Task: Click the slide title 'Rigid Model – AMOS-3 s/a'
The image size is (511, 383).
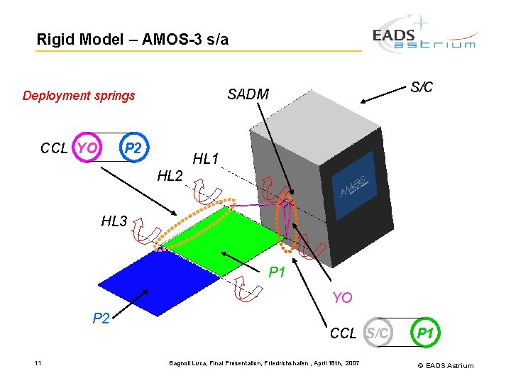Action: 133,40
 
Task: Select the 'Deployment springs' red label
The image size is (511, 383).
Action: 79,96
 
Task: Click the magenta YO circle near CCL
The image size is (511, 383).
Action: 87,148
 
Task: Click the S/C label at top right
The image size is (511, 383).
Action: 422,87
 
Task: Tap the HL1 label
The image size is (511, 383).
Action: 206,160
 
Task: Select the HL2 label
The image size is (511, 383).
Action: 170,175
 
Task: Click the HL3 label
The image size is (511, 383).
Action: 114,222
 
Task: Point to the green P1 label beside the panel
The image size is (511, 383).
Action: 277,272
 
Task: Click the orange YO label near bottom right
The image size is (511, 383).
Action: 342,297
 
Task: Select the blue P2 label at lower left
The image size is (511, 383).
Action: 102,318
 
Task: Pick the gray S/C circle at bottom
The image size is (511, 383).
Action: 377,333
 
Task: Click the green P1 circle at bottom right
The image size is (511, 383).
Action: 425,333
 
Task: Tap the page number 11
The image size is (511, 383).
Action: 38,363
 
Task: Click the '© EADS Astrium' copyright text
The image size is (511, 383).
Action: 446,366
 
